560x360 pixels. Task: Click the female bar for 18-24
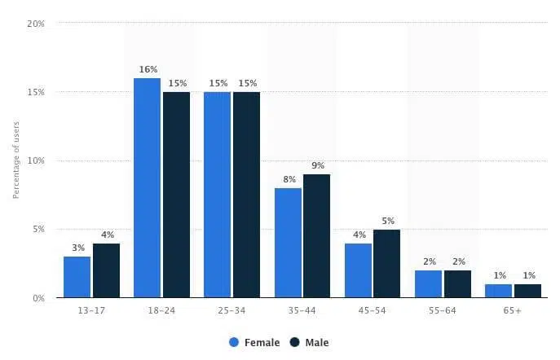[x=148, y=187]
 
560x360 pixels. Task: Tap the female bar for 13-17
[x=77, y=277]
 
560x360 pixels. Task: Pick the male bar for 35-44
[x=317, y=235]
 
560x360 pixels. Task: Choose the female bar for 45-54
[x=359, y=270]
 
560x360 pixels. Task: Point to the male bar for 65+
[x=527, y=290]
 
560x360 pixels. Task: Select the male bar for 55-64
[x=457, y=283]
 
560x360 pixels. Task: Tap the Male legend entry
[x=311, y=343]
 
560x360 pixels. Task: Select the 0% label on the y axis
[x=38, y=298]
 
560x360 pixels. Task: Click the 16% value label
[x=148, y=69]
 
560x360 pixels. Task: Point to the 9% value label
[x=317, y=165]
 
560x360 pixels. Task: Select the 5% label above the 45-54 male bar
[x=387, y=221]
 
